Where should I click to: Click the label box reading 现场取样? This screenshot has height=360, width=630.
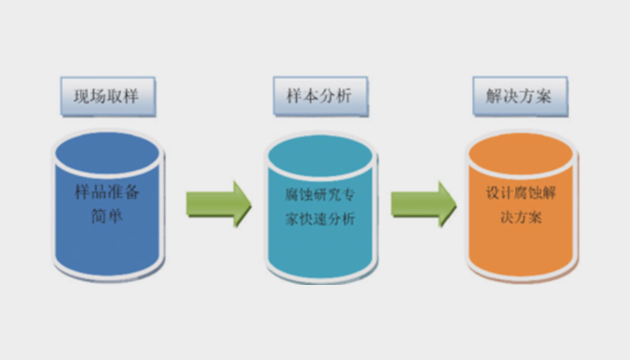pos(107,96)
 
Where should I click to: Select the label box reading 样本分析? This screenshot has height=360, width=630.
pos(320,96)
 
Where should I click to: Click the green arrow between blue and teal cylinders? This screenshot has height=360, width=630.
pos(217,204)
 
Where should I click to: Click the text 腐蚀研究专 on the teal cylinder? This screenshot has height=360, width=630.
pos(320,195)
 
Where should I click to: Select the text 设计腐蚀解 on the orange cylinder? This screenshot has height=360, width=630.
pos(521,193)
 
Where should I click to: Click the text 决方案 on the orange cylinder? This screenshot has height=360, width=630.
pos(521,217)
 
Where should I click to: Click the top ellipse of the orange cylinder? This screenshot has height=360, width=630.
pos(522,153)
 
